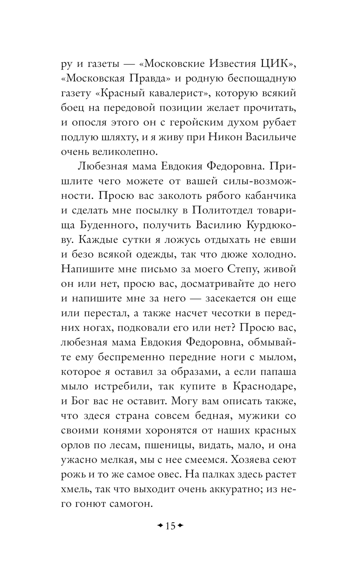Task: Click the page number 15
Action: pos(170,526)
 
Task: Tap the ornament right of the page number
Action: pos(181,526)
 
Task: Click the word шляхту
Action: pos(122,137)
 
